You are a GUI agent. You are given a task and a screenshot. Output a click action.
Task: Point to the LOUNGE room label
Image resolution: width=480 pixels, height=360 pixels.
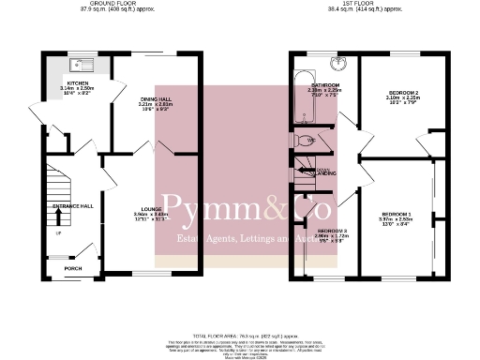click(x=152, y=208)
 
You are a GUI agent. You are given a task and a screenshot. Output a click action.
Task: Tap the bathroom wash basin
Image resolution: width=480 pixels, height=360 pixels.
click(x=339, y=63)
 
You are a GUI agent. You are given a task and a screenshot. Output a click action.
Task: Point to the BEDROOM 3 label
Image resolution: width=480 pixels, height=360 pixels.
click(x=332, y=231)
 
